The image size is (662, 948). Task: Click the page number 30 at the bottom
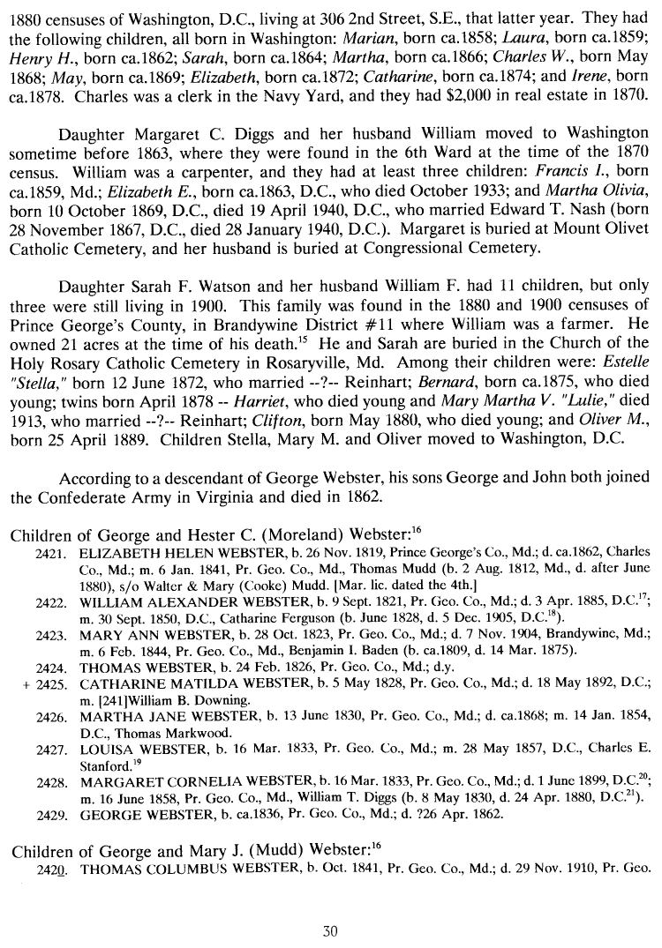[330, 929]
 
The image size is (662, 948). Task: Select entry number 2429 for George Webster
[52, 815]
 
